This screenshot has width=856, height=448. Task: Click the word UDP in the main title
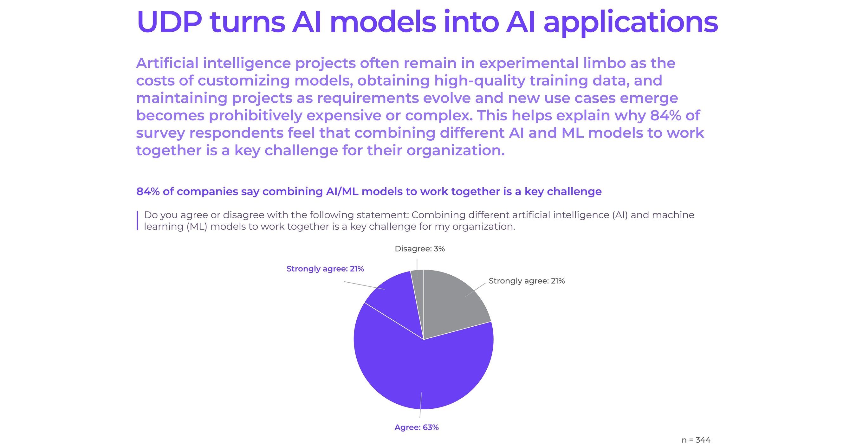click(x=169, y=22)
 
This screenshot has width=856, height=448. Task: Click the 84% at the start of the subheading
click(x=148, y=192)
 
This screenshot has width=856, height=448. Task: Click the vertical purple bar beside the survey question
click(x=137, y=221)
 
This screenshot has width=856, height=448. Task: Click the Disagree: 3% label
click(x=419, y=249)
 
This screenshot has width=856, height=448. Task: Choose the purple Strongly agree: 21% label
click(x=325, y=269)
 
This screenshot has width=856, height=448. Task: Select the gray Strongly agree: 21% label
click(x=526, y=281)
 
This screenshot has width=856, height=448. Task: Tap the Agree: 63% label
click(x=416, y=427)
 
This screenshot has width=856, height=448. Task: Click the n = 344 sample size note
click(x=696, y=440)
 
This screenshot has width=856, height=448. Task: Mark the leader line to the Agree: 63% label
click(x=421, y=405)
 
